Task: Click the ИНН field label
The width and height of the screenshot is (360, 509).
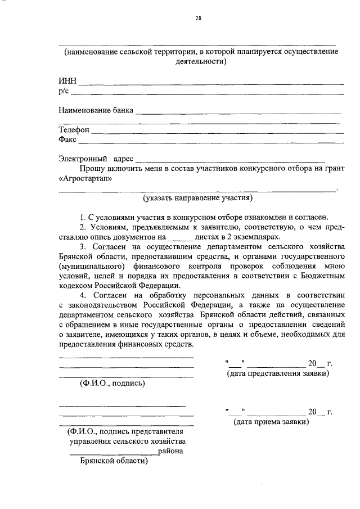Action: click(x=67, y=82)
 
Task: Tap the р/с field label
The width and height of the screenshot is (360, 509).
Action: click(x=63, y=92)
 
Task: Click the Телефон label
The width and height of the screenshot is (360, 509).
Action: click(x=74, y=130)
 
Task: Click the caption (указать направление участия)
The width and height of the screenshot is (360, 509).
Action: click(x=197, y=198)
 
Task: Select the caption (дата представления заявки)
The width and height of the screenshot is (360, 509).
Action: click(x=277, y=373)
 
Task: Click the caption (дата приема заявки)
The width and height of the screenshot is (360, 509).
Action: click(x=271, y=421)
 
